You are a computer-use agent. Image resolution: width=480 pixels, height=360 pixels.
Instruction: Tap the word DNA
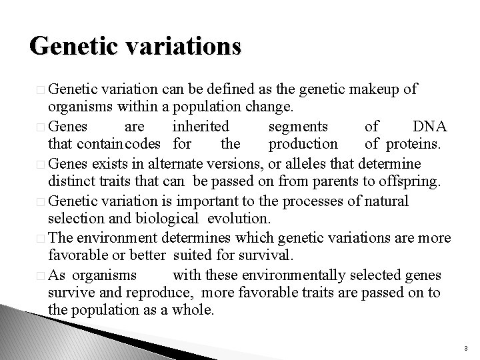(x=430, y=126)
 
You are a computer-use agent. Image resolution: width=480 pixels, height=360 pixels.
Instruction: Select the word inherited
(x=201, y=126)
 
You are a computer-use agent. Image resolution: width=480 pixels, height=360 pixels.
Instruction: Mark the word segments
(x=297, y=126)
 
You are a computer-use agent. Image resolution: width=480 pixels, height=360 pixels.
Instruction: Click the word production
(x=303, y=144)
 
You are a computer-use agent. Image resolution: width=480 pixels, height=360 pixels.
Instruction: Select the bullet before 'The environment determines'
(x=41, y=237)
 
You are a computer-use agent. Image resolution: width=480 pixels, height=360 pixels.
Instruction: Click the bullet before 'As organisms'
(x=41, y=274)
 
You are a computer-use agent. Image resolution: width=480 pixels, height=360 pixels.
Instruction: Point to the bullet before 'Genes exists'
(x=41, y=163)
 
